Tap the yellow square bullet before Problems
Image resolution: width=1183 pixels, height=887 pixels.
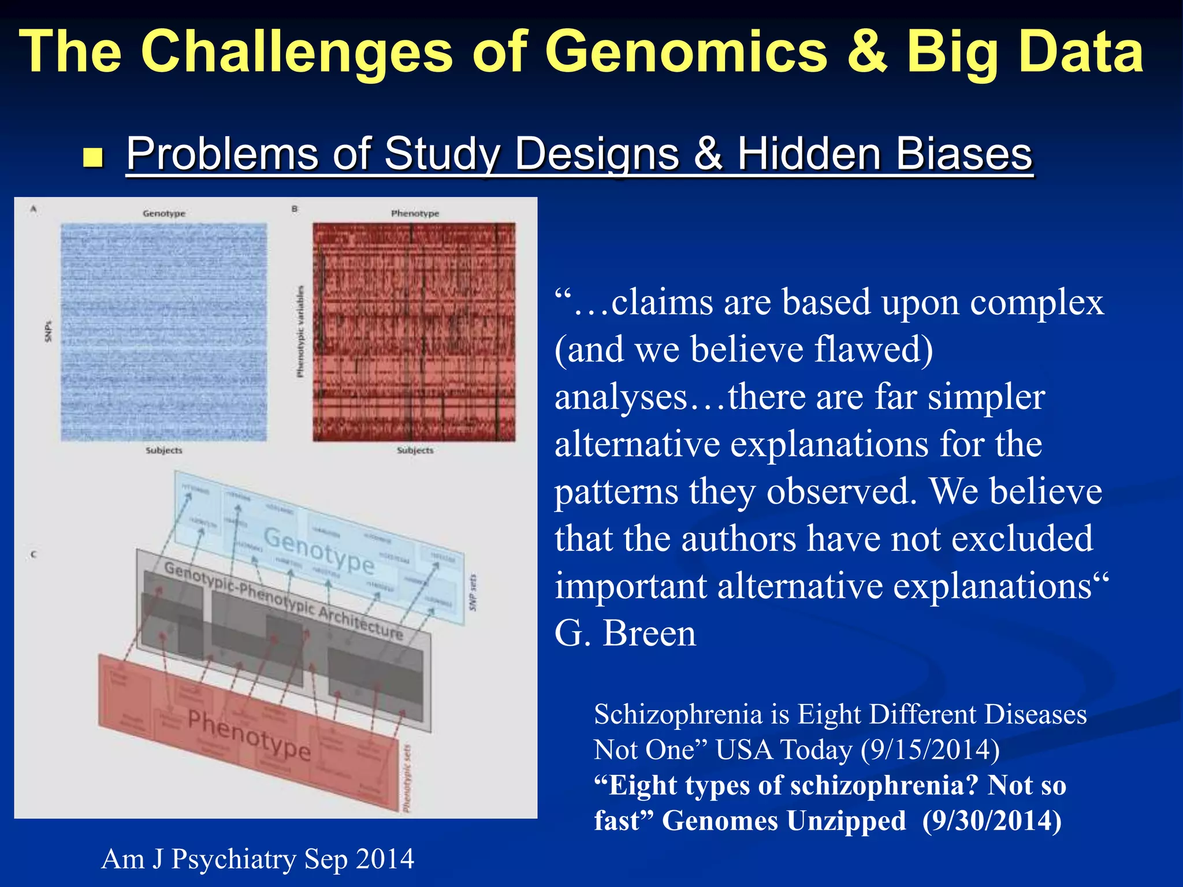[92, 157]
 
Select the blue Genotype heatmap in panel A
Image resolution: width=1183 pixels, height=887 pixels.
[164, 332]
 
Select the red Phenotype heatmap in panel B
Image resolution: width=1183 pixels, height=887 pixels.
[414, 332]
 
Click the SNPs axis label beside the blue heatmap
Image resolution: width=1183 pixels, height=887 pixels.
[49, 331]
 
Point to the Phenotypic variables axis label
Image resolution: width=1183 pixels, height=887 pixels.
[300, 331]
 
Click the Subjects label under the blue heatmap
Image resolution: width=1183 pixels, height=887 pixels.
[164, 450]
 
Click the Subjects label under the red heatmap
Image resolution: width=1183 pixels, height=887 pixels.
[415, 450]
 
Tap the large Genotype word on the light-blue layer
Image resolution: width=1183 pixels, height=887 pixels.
[319, 551]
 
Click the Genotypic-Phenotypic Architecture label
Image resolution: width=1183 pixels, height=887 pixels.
[283, 601]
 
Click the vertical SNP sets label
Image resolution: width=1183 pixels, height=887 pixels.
[473, 592]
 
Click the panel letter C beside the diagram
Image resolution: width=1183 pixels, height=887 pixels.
[34, 554]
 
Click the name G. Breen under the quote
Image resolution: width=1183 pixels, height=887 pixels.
[625, 633]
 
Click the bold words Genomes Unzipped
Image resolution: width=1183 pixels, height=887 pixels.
[784, 821]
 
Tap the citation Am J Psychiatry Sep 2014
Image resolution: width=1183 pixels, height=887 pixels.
[258, 859]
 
